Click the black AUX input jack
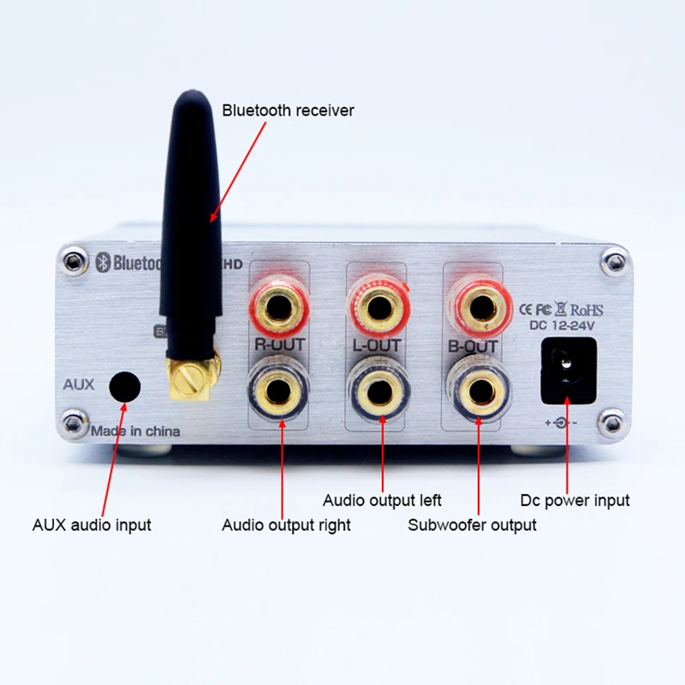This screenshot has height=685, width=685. [x=125, y=387]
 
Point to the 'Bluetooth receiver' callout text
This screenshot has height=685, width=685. [x=288, y=110]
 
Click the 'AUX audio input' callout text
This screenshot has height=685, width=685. [x=91, y=525]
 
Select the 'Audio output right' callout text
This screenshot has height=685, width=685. [x=286, y=525]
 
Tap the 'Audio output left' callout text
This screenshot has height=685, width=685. [x=382, y=499]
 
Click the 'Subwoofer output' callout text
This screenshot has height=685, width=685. [x=472, y=525]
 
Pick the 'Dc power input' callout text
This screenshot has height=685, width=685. [x=575, y=500]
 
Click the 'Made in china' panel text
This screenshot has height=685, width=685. [x=135, y=431]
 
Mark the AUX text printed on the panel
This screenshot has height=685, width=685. [x=79, y=384]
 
